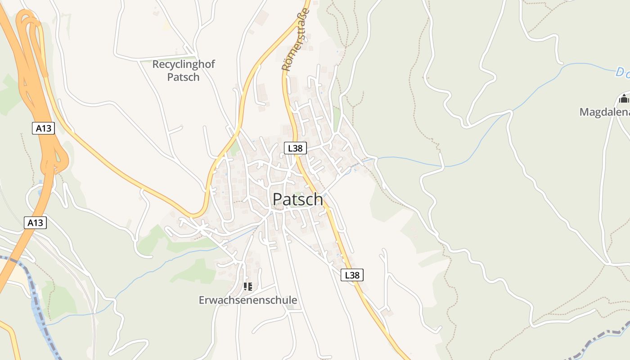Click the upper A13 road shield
tap(44, 128)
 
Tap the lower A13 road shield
tap(35, 222)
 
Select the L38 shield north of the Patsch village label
tap(295, 148)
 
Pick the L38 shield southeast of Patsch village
tap(352, 275)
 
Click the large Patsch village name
tap(298, 199)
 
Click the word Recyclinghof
tap(184, 64)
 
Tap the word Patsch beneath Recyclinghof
tap(183, 77)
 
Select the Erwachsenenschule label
tap(248, 300)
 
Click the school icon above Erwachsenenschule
tap(247, 286)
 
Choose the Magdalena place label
tap(604, 112)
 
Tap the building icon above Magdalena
tap(624, 98)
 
